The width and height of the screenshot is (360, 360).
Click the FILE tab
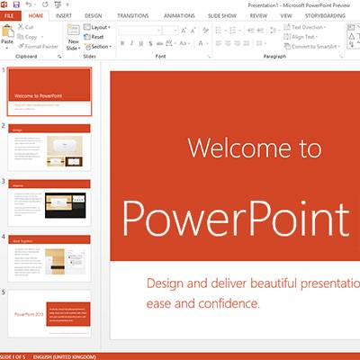[10, 16]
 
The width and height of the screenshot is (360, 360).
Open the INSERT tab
[64, 16]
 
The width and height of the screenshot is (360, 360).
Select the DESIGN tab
[94, 16]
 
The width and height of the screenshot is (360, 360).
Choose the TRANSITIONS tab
[133, 16]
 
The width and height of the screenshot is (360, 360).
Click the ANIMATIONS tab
[179, 16]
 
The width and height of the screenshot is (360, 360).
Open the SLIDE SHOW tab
[221, 16]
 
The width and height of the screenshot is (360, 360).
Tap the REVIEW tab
[258, 16]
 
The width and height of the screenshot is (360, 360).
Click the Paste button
[7, 36]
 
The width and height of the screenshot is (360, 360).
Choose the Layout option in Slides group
[100, 27]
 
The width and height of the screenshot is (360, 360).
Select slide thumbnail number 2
[50, 147]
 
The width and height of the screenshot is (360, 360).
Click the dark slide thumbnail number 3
[50, 202]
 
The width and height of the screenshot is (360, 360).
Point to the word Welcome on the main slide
[230, 148]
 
